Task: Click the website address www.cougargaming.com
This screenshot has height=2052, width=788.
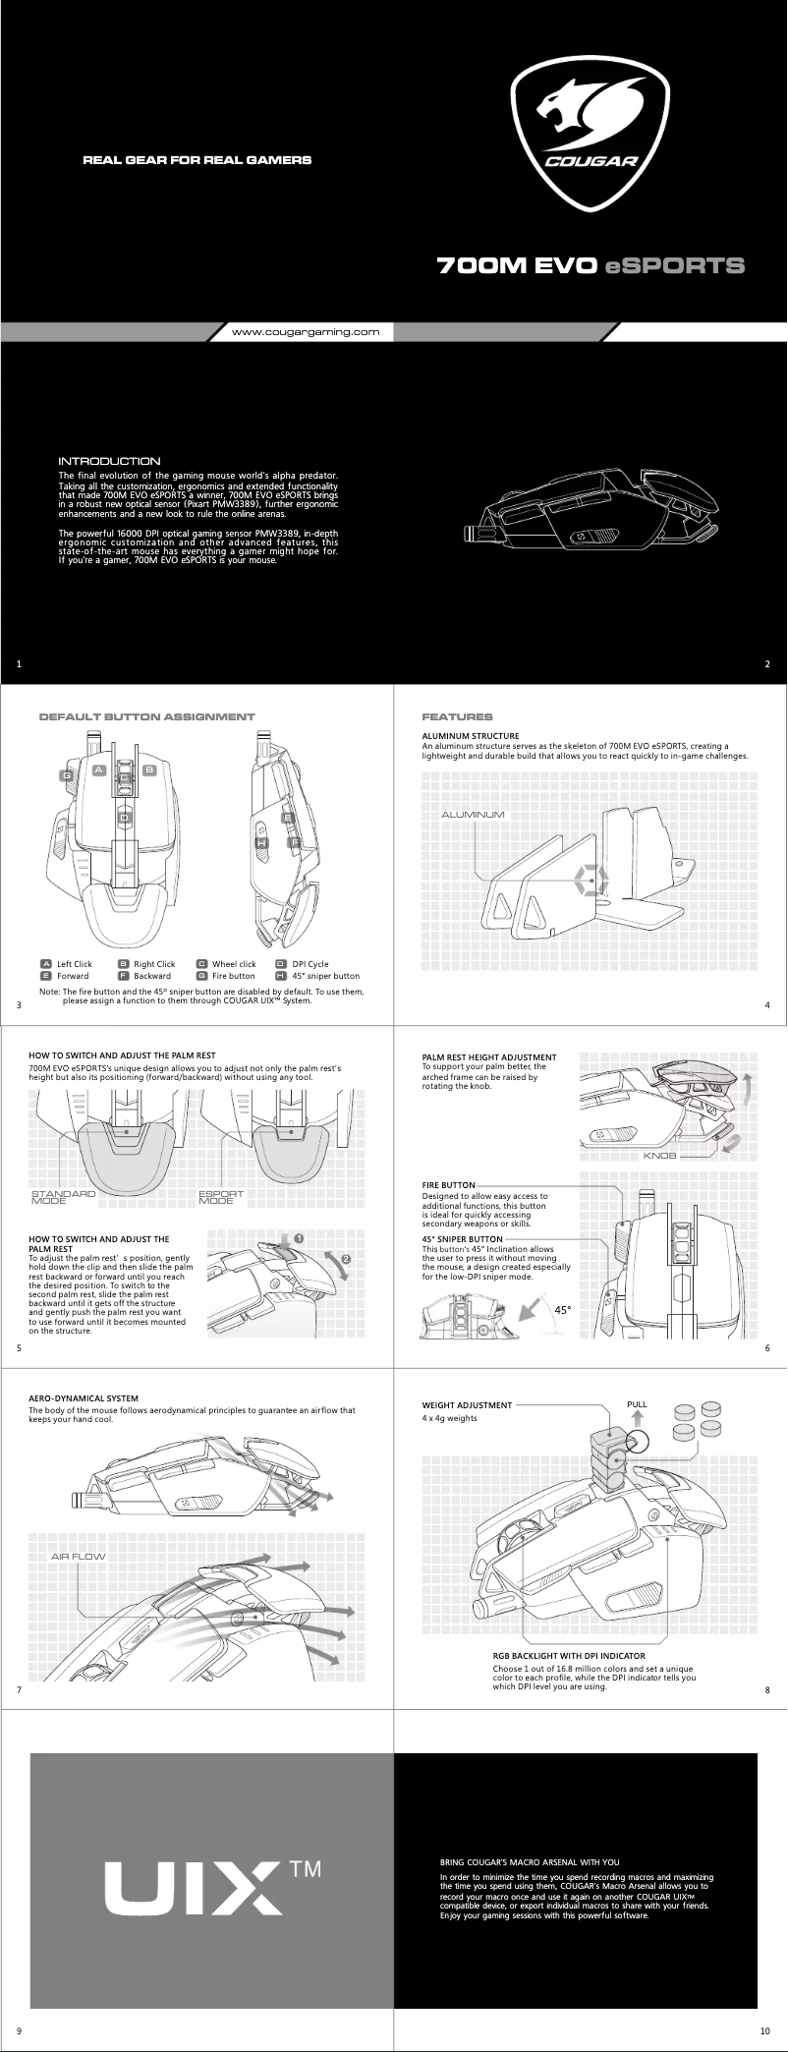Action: coord(305,332)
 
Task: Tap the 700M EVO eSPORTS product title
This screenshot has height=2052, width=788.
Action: coord(591,265)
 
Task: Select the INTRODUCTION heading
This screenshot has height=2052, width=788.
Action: coord(109,461)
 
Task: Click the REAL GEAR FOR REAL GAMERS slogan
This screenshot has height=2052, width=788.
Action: coord(197,159)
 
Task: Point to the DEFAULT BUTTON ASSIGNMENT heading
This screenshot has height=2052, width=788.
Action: coord(146,716)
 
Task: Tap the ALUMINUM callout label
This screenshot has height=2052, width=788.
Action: coord(473,815)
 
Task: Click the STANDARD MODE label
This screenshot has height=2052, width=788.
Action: coord(63,1197)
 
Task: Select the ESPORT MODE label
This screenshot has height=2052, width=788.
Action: coord(221,1197)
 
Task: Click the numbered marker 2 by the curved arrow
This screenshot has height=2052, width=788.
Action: coord(346,1259)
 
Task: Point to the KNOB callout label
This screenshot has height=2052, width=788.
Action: coord(659,1156)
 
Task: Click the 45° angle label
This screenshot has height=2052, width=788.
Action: coord(563,1310)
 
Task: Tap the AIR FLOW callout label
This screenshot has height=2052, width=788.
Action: coord(78,1557)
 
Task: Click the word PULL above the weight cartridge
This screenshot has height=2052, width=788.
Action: coord(637,1403)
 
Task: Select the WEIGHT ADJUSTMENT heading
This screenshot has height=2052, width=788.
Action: coord(467,1405)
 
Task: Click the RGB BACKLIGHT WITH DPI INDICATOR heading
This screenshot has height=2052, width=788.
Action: coord(569,1656)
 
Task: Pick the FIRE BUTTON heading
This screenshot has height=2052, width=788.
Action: coord(448,1185)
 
